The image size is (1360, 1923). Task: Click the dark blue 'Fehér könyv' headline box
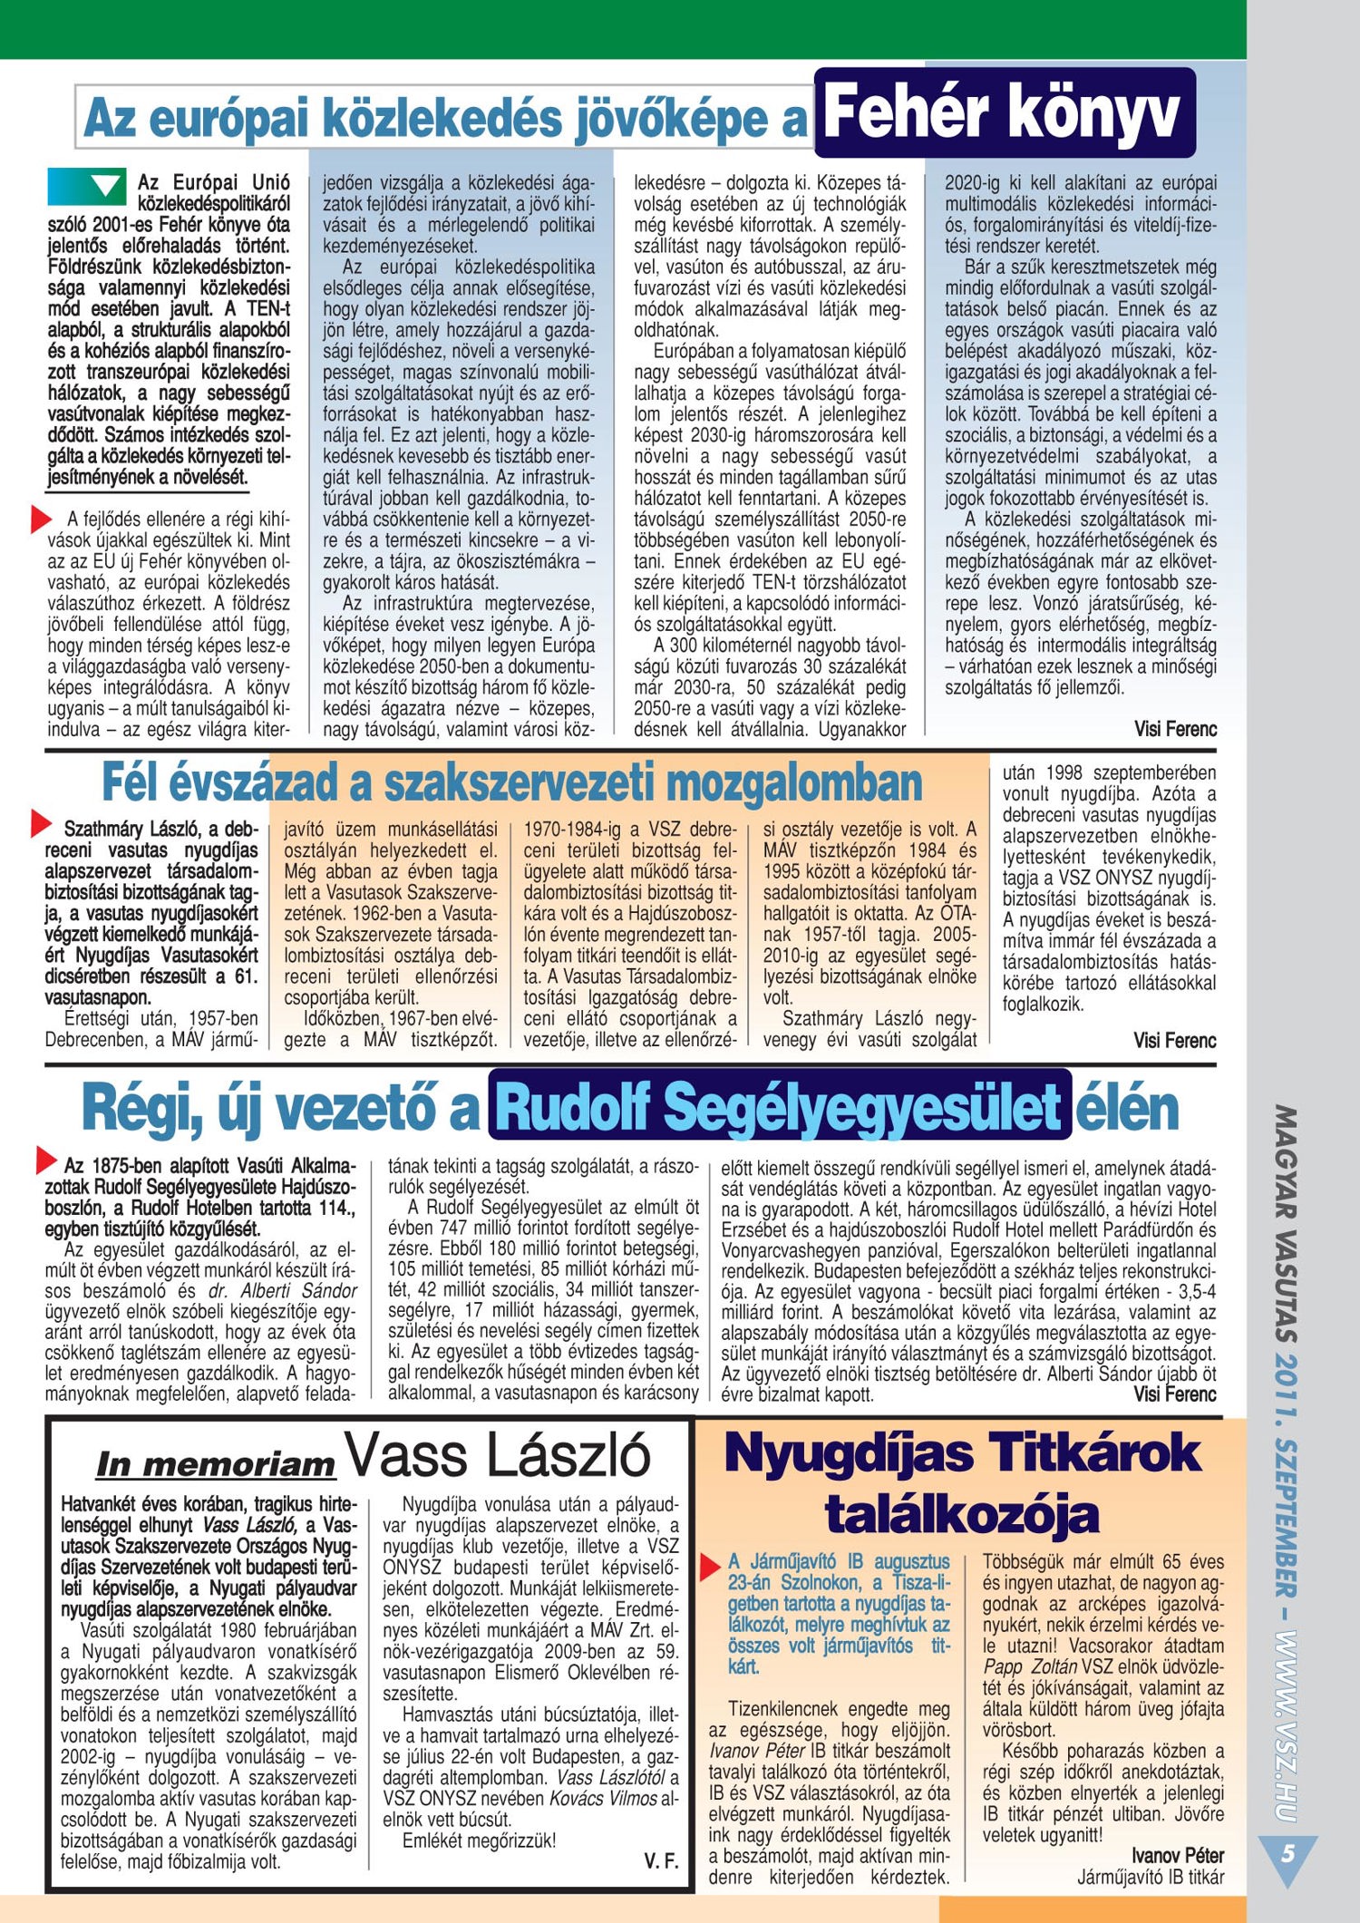(1005, 112)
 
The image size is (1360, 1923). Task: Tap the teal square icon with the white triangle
(85, 186)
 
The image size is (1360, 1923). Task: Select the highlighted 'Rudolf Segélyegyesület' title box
(779, 1106)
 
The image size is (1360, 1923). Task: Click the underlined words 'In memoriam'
(216, 1463)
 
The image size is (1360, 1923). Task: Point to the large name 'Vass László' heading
(498, 1455)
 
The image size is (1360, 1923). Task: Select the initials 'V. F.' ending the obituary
(661, 1861)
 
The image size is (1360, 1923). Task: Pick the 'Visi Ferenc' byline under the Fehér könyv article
(1175, 729)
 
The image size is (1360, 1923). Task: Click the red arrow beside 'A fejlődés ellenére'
(40, 520)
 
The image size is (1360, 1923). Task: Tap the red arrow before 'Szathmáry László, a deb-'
(40, 823)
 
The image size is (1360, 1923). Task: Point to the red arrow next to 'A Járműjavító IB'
(710, 1565)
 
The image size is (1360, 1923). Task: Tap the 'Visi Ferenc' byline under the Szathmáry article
(1174, 1041)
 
